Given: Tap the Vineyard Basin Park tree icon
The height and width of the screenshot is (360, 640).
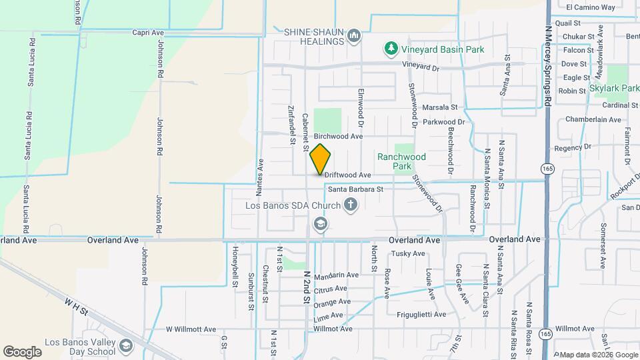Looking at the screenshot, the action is pyautogui.click(x=390, y=49).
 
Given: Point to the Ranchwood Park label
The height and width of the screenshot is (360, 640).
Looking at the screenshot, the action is pyautogui.click(x=401, y=161).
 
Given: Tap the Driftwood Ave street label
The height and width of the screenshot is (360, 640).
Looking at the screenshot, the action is pyautogui.click(x=347, y=175).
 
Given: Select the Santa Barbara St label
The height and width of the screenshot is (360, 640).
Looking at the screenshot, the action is pyautogui.click(x=355, y=189).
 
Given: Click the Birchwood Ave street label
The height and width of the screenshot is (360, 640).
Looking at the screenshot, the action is pyautogui.click(x=338, y=136).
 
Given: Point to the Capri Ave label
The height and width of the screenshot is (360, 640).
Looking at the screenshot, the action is pyautogui.click(x=148, y=32).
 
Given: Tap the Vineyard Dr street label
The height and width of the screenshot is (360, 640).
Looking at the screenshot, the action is pyautogui.click(x=422, y=67).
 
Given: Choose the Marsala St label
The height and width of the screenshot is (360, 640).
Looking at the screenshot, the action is pyautogui.click(x=440, y=107).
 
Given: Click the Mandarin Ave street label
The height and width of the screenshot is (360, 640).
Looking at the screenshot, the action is pyautogui.click(x=336, y=275).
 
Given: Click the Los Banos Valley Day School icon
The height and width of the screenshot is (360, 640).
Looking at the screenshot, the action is pyautogui.click(x=127, y=345).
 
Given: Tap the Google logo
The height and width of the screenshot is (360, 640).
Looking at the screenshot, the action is pyautogui.click(x=22, y=351).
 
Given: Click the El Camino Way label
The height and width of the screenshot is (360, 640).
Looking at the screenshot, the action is pyautogui.click(x=590, y=7).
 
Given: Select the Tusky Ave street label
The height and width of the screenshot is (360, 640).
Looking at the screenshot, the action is pyautogui.click(x=408, y=253).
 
